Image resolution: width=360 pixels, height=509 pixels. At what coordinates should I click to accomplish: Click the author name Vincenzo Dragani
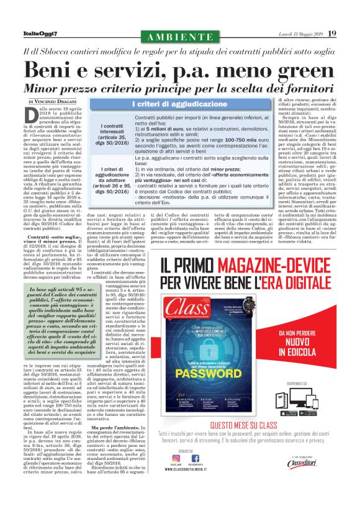tap(63, 101)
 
